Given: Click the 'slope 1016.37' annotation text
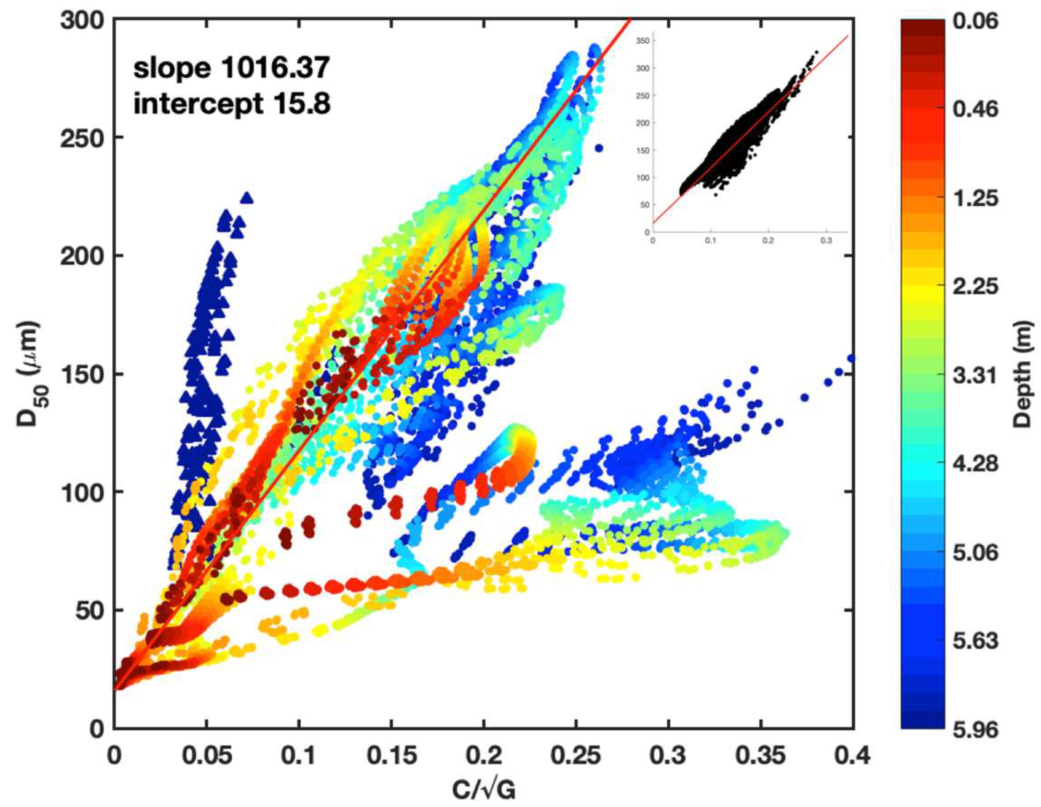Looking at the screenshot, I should click(231, 67).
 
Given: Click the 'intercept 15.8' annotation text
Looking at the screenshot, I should click(231, 103).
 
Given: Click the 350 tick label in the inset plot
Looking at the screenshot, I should click(642, 41).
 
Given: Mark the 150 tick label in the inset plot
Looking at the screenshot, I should click(642, 151).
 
